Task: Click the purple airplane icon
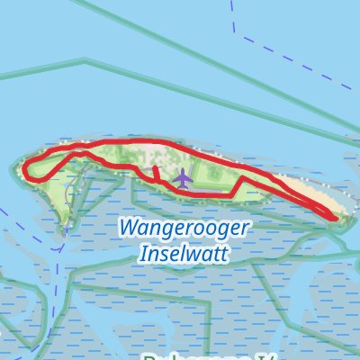pyautogui.click(x=183, y=178)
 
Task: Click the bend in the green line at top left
pyautogui.click(x=86, y=61)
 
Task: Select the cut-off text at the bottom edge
pyautogui.click(x=180, y=355)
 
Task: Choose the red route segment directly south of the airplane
pyautogui.click(x=183, y=191)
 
